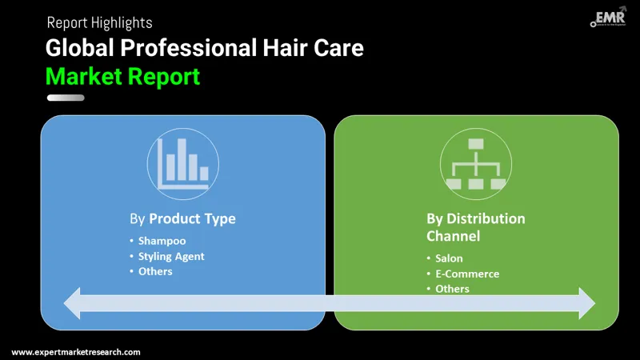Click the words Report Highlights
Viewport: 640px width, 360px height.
(99, 22)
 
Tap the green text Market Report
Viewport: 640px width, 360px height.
(122, 77)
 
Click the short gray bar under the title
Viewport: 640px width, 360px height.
(66, 98)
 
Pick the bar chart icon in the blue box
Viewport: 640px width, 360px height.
(182, 164)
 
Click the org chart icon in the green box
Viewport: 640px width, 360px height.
(476, 164)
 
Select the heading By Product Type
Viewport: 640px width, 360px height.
(182, 218)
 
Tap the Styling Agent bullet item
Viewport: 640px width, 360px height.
(170, 256)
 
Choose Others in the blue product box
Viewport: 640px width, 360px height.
(154, 271)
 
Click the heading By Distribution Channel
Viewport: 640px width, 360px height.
(475, 227)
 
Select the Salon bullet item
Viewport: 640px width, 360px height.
(449, 258)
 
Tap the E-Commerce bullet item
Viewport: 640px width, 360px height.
(466, 274)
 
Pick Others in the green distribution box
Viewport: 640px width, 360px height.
(452, 288)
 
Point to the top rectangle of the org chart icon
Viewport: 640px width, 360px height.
(476, 144)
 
